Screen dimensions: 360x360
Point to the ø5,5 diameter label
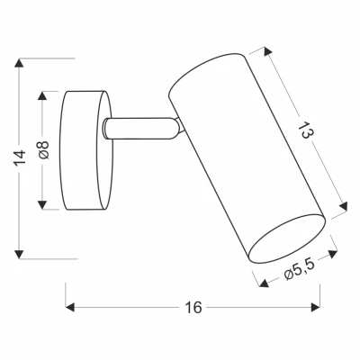coord(296,269)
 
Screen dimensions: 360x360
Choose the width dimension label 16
coord(191,307)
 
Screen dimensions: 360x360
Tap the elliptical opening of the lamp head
coord(287,238)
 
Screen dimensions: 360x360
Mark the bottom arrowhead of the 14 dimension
coord(21,256)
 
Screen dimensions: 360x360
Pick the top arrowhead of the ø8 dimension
coord(41,94)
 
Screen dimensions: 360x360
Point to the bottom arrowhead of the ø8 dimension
coord(41,206)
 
